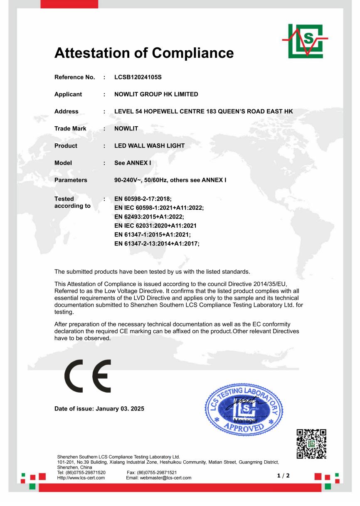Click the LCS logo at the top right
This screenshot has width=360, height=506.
click(x=305, y=41)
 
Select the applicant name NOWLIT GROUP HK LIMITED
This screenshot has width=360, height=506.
click(x=156, y=94)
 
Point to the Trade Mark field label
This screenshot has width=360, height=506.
click(x=70, y=129)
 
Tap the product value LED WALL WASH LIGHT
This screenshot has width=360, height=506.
click(x=149, y=146)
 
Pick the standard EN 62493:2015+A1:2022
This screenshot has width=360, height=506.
click(x=149, y=217)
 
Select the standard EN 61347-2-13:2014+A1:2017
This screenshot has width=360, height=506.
click(x=157, y=244)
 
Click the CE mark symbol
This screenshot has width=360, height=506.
click(x=87, y=375)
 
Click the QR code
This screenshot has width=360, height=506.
click(x=311, y=444)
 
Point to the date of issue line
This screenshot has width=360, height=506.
click(x=99, y=409)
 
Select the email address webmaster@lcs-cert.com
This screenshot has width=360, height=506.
click(x=158, y=478)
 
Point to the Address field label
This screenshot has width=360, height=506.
click(x=66, y=111)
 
